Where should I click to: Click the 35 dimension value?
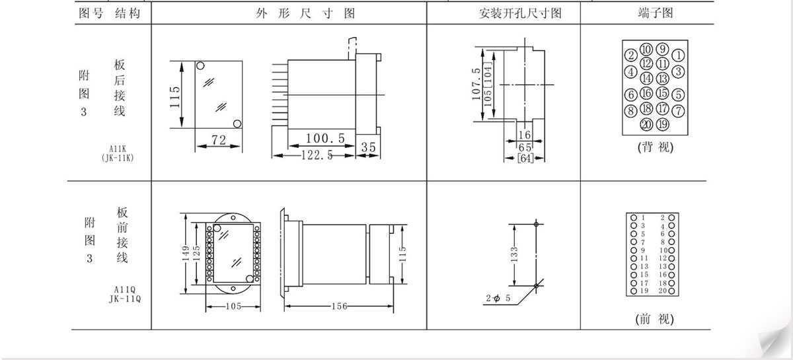368,147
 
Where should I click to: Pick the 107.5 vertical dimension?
476,83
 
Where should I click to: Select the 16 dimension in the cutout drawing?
525,135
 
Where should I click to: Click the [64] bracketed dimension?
525,159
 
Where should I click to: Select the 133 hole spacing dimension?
514,254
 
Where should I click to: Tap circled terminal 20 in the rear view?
646,124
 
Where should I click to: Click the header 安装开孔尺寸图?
520,13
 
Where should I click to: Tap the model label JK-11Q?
125,298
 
